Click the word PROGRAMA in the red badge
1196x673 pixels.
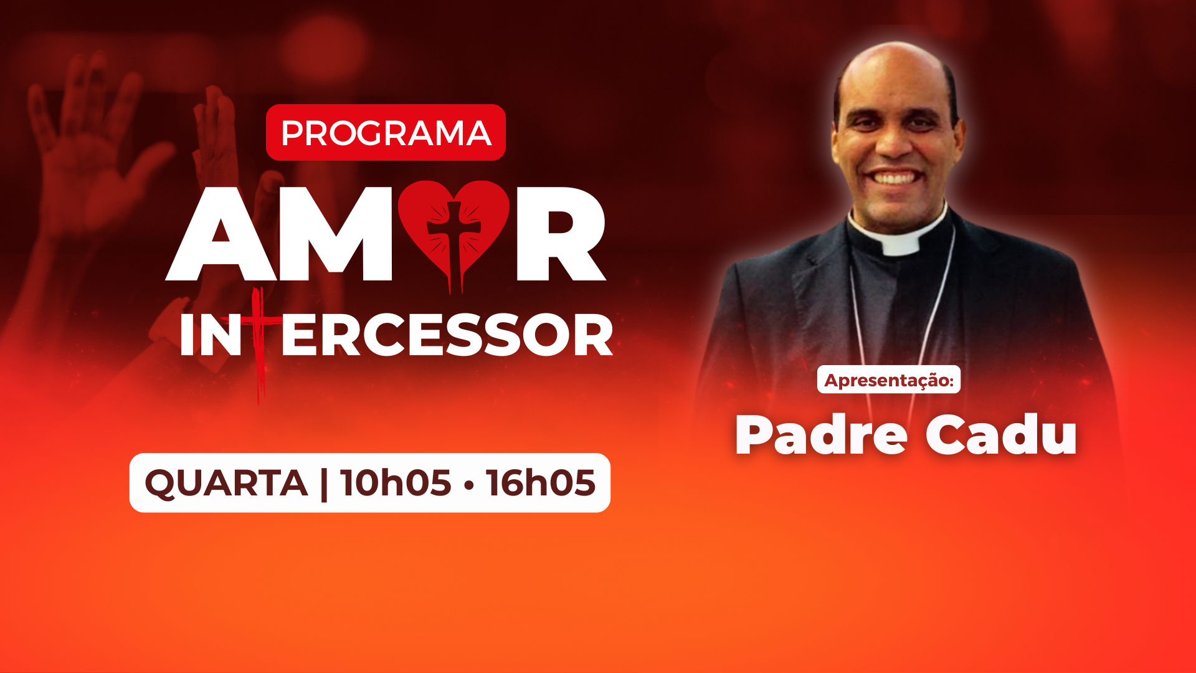point(386,133)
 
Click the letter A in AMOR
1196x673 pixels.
point(222,234)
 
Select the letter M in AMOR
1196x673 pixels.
point(336,234)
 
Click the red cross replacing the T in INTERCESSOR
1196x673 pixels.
point(260,343)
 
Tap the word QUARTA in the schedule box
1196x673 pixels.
point(226,484)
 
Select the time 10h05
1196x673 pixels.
point(396,483)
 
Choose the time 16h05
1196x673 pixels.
point(541,483)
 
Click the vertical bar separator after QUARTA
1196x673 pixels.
point(323,484)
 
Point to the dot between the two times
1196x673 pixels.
point(468,484)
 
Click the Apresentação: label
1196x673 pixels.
point(889,379)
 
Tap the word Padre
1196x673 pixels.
point(821,435)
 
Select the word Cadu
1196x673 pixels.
point(1001,435)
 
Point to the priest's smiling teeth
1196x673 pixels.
point(895,178)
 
